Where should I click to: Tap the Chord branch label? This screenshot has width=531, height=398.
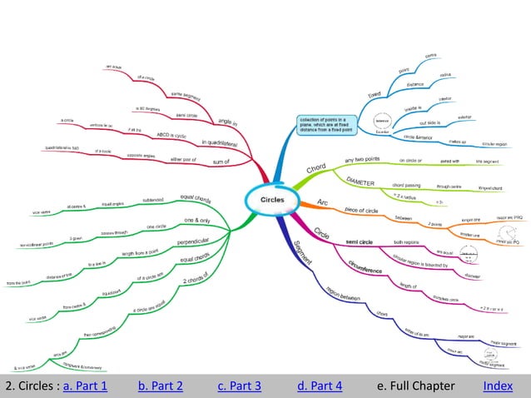[316, 169]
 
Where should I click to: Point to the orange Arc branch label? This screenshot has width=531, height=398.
[323, 202]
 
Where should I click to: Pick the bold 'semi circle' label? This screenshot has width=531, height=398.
[363, 242]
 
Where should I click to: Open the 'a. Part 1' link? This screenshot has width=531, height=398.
[85, 386]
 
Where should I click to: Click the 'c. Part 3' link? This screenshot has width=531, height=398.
[240, 386]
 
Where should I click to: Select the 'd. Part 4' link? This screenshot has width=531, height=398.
[320, 386]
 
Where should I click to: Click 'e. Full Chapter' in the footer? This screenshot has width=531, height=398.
[416, 386]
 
